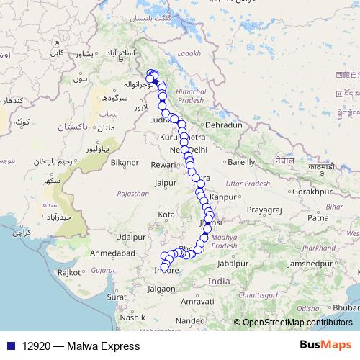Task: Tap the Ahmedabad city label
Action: pyautogui.click(x=113, y=253)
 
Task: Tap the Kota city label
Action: pyautogui.click(x=167, y=215)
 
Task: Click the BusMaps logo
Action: pyautogui.click(x=325, y=345)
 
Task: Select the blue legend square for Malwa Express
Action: pyautogui.click(x=8, y=346)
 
